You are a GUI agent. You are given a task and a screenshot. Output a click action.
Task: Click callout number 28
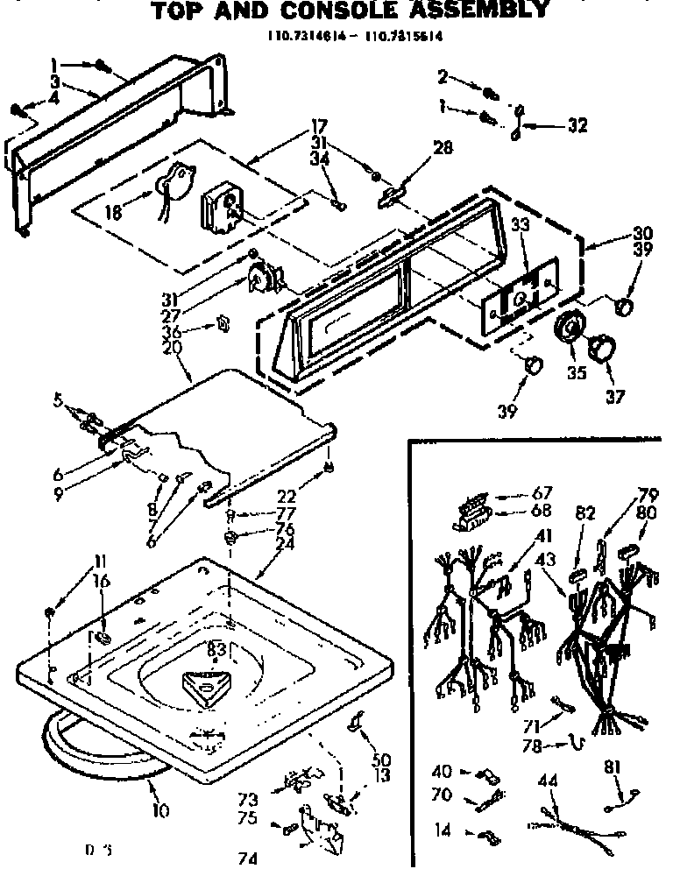pyautogui.click(x=443, y=148)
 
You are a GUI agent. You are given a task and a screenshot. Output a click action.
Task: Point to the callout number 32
pyautogui.click(x=577, y=124)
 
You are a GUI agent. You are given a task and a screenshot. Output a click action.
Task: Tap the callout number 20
pyautogui.click(x=172, y=347)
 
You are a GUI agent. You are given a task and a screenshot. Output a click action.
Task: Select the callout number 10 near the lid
pyautogui.click(x=159, y=810)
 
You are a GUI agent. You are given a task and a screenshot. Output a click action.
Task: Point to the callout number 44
pyautogui.click(x=548, y=780)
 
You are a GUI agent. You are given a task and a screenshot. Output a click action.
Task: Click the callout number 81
pyautogui.click(x=612, y=768)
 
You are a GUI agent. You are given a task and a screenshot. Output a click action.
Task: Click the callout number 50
pyautogui.click(x=381, y=759)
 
